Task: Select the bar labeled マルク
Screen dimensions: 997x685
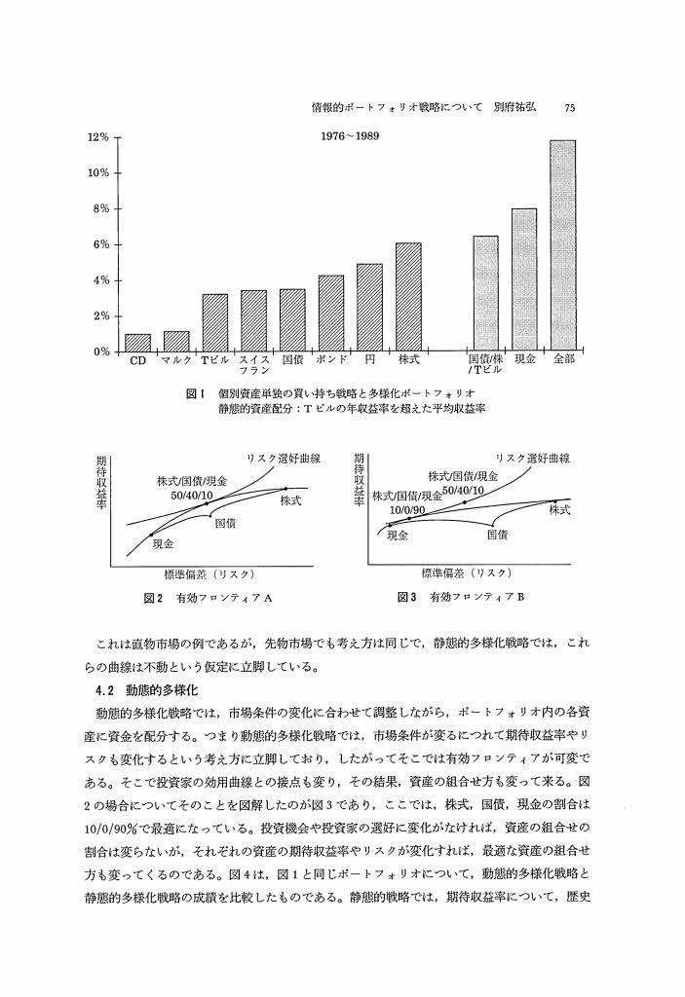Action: pos(176,342)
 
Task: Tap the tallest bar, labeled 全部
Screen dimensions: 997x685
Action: pos(562,245)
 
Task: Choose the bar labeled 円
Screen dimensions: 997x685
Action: pos(369,308)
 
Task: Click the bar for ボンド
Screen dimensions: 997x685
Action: pos(331,314)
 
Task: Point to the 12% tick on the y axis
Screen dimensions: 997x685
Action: pos(96,137)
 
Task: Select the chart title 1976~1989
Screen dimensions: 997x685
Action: pos(351,135)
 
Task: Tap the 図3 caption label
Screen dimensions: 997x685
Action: pos(408,596)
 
